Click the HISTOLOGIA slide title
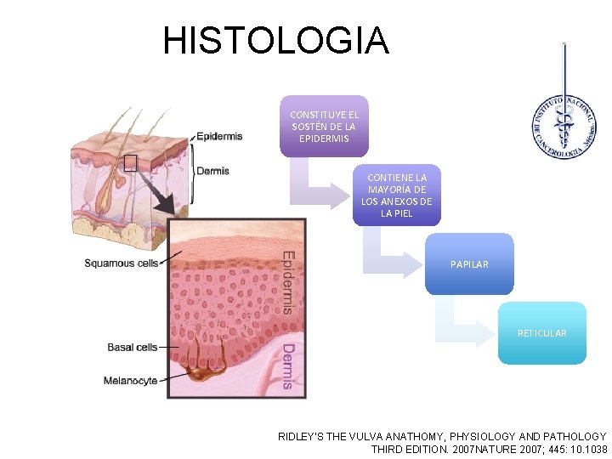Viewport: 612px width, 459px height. point(275,41)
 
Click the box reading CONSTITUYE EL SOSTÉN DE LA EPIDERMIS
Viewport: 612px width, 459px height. point(324,126)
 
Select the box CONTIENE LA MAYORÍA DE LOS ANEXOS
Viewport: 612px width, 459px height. point(396,195)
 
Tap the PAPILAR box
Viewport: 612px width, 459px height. point(469,264)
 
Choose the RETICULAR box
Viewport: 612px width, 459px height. point(541,333)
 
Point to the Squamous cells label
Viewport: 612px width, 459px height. point(122,263)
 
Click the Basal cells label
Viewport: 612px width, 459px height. point(132,348)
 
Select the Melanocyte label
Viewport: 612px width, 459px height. point(130,381)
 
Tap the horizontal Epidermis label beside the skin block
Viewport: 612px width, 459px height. point(219,136)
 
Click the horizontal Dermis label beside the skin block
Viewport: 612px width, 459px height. point(212,171)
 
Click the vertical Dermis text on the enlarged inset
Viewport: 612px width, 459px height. point(287,366)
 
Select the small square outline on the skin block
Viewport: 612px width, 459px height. point(130,163)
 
